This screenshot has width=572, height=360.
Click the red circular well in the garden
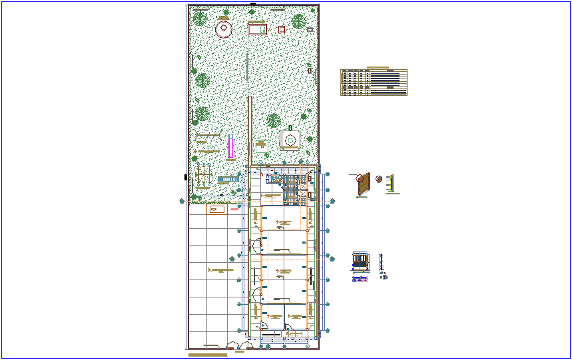pos(223,29)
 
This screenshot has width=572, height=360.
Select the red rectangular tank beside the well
pos(257,29)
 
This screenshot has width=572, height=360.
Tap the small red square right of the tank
pos(282,29)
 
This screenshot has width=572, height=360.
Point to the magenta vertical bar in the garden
pos(230,146)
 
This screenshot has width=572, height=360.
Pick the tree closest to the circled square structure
pos(273,120)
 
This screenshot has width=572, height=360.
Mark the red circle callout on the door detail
pos(361,178)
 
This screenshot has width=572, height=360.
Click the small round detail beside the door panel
pos(379,178)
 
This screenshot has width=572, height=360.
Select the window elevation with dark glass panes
pos(360,263)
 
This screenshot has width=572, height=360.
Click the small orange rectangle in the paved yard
pos(215,210)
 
